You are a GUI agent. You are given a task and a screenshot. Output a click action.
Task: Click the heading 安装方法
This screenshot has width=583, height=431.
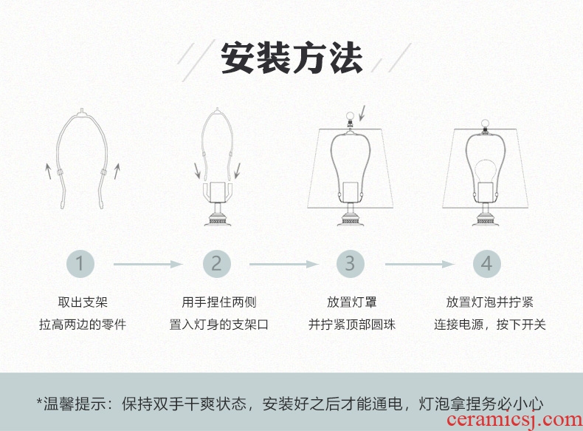[x=291, y=58]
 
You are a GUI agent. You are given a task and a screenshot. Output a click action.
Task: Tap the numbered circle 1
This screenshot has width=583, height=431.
[x=82, y=264]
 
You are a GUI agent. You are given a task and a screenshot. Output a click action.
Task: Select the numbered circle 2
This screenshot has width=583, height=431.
[x=216, y=264]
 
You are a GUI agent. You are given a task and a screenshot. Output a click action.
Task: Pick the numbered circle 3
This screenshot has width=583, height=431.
[x=351, y=264]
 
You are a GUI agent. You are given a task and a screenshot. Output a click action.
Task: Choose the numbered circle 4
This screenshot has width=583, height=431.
[x=486, y=264]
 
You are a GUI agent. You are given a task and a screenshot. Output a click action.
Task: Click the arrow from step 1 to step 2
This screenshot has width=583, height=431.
[x=148, y=264]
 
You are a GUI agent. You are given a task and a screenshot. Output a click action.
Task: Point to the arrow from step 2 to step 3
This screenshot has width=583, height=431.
[x=283, y=264]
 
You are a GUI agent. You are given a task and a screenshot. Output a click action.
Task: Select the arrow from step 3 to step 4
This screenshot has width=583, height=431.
[x=418, y=264]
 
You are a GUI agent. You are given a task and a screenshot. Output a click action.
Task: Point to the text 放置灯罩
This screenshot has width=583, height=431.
[x=351, y=302]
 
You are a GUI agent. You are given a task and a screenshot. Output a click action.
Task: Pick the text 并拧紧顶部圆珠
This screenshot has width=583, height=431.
[x=351, y=325]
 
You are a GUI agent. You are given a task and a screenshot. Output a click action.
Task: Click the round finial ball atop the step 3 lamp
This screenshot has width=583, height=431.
[x=351, y=115]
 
